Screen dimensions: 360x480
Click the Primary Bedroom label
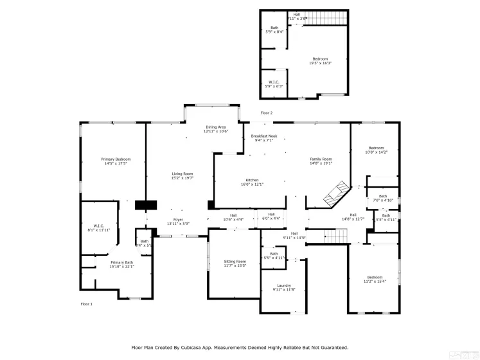pos(116,159)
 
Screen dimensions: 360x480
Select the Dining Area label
pos(216,127)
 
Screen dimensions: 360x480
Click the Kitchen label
pos(252,179)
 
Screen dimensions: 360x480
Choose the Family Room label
pos(321,159)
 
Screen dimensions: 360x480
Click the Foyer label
pos(179,219)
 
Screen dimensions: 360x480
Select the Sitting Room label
pos(235,261)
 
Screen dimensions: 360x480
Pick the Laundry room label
pos(284,285)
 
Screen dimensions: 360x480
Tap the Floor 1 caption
pos(86,303)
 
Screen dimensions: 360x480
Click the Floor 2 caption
pos(266,113)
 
